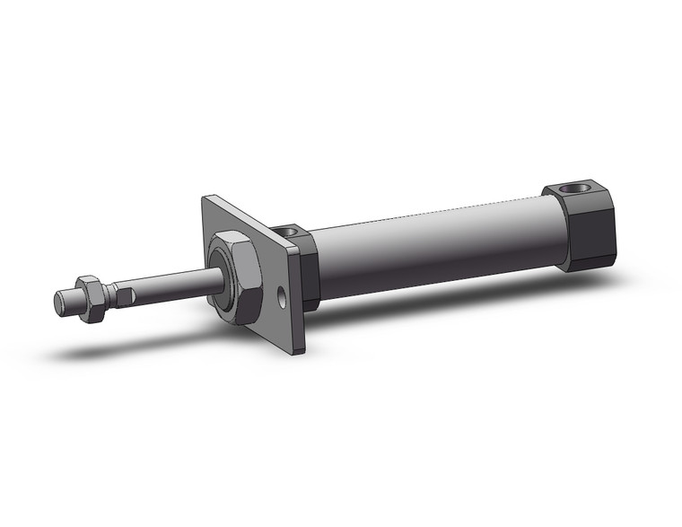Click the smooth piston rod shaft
[170, 284]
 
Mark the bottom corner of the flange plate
[302, 352]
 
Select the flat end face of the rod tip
[57, 303]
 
